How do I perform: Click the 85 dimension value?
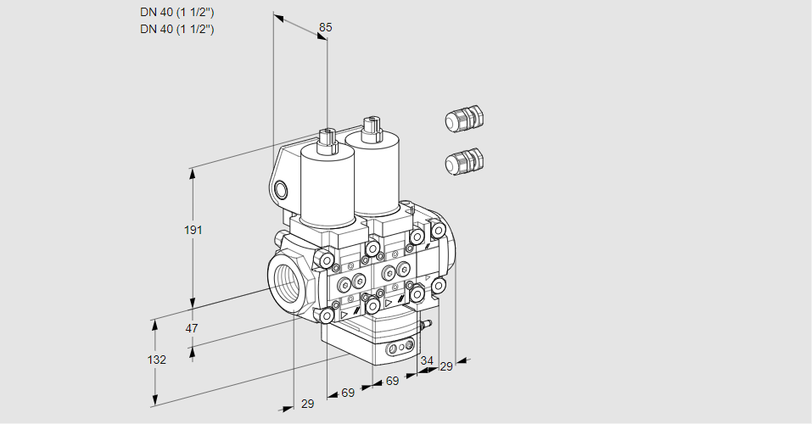point(325,27)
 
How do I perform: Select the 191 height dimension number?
point(193,230)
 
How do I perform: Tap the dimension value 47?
point(192,328)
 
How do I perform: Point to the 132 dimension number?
point(157,360)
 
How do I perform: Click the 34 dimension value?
point(426,360)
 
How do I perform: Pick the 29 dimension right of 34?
point(445,366)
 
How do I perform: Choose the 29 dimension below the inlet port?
point(308,404)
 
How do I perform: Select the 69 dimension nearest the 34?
point(393,381)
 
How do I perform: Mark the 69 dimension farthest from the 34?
point(348,393)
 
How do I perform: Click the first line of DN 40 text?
point(177,13)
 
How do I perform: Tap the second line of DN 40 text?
point(177,29)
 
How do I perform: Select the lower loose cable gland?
point(464,161)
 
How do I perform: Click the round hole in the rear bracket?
point(281,190)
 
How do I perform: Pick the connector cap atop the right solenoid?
point(371,129)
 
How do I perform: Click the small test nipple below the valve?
point(426,326)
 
